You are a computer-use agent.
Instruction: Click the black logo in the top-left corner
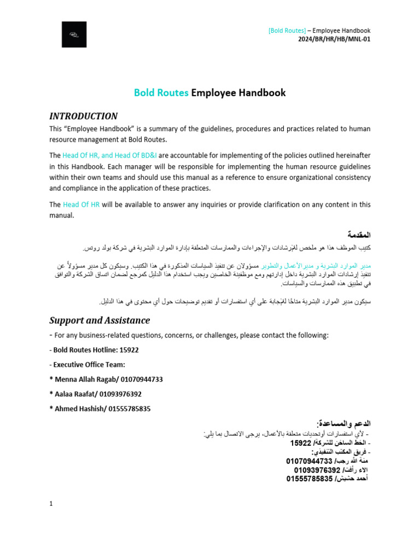pyautogui.click(x=74, y=34)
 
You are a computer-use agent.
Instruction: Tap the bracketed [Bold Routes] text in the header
pyautogui.click(x=287, y=31)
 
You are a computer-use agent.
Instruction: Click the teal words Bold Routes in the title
pyautogui.click(x=161, y=93)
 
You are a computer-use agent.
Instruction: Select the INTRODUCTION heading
pyautogui.click(x=83, y=116)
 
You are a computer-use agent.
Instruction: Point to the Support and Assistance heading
pyautogui.click(x=100, y=320)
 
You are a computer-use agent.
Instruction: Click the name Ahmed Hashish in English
pyautogui.click(x=79, y=409)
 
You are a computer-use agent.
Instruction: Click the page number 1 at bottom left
pyautogui.click(x=51, y=504)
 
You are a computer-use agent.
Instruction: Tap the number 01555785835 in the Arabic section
pyautogui.click(x=310, y=479)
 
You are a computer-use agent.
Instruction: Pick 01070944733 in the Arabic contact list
pyautogui.click(x=309, y=461)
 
